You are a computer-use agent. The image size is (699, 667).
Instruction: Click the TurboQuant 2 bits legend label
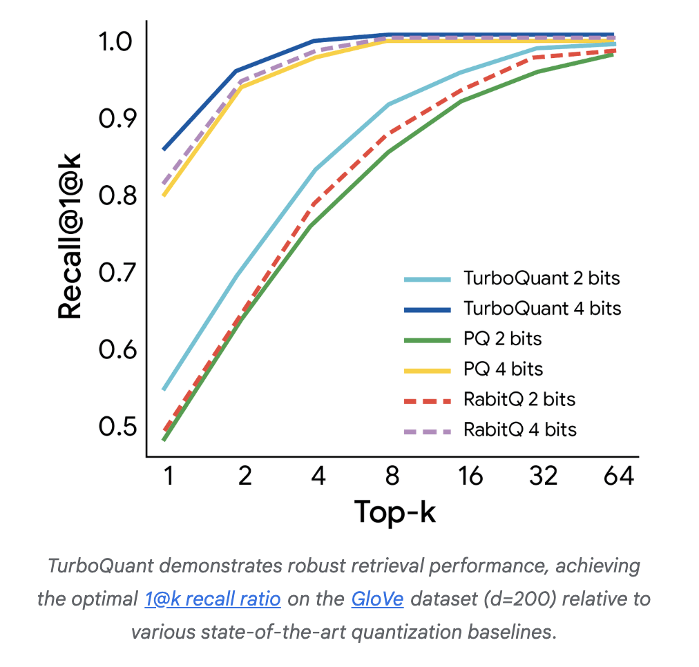tap(542, 279)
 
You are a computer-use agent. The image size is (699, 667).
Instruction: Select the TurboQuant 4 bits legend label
tap(542, 309)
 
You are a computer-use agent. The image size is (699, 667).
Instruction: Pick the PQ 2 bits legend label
tap(502, 339)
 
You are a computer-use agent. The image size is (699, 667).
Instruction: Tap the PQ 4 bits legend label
tap(503, 369)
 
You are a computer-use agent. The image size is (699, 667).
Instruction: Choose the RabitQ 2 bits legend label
tap(519, 399)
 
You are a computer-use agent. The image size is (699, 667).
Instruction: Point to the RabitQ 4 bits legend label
tap(520, 429)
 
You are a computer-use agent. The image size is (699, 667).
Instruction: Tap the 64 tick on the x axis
tap(617, 477)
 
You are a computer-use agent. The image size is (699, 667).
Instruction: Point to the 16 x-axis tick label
tap(470, 477)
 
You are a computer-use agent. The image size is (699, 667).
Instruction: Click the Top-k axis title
tap(395, 512)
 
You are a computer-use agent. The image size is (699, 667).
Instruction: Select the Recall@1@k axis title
tap(70, 237)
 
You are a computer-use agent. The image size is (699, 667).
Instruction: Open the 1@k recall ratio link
tap(213, 598)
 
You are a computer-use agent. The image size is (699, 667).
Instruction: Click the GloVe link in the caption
tap(377, 598)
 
